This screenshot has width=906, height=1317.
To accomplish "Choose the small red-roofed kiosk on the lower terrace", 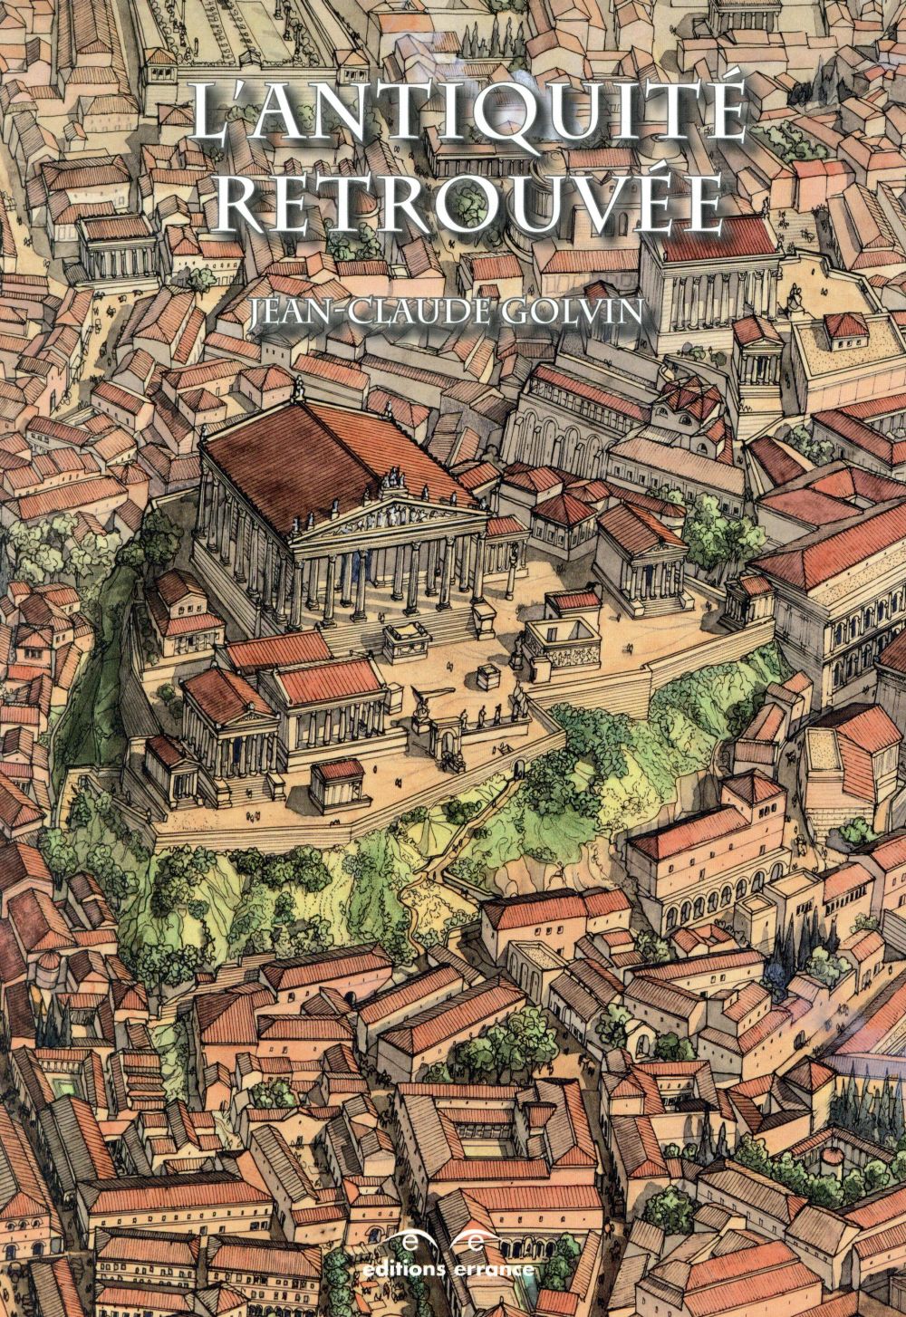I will click(337, 780).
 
